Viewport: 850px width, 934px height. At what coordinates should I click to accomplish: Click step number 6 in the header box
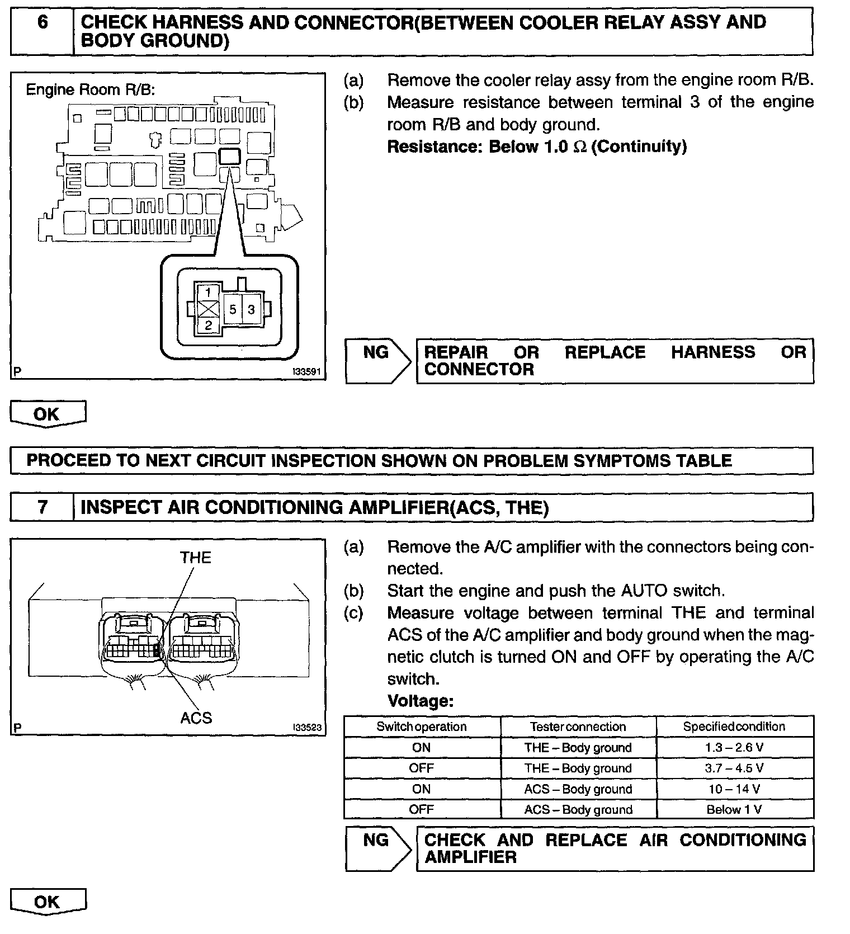coord(42,23)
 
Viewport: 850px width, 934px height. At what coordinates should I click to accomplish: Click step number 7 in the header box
coord(42,507)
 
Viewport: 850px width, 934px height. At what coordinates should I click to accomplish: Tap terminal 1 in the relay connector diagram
coord(208,292)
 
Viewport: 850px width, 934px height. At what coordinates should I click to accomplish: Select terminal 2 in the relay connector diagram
coord(208,326)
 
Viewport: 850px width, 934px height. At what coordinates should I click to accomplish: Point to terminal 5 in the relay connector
coord(233,309)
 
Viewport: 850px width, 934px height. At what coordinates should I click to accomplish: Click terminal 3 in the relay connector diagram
coord(252,309)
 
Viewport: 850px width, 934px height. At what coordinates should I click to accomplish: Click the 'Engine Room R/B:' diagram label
coord(90,89)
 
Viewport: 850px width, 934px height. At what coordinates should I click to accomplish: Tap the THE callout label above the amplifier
coord(196,558)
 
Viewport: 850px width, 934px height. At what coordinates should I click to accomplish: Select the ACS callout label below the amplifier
coord(196,718)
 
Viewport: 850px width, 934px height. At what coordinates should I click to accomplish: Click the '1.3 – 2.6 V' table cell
coord(734,748)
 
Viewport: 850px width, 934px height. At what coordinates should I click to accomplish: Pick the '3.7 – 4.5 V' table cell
coord(734,768)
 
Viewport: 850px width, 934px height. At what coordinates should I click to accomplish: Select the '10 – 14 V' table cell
coord(734,789)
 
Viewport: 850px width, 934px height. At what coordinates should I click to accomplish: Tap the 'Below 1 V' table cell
coord(734,810)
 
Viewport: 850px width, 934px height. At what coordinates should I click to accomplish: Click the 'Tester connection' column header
coord(578,727)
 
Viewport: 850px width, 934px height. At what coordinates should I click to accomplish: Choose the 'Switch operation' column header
coord(421,727)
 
